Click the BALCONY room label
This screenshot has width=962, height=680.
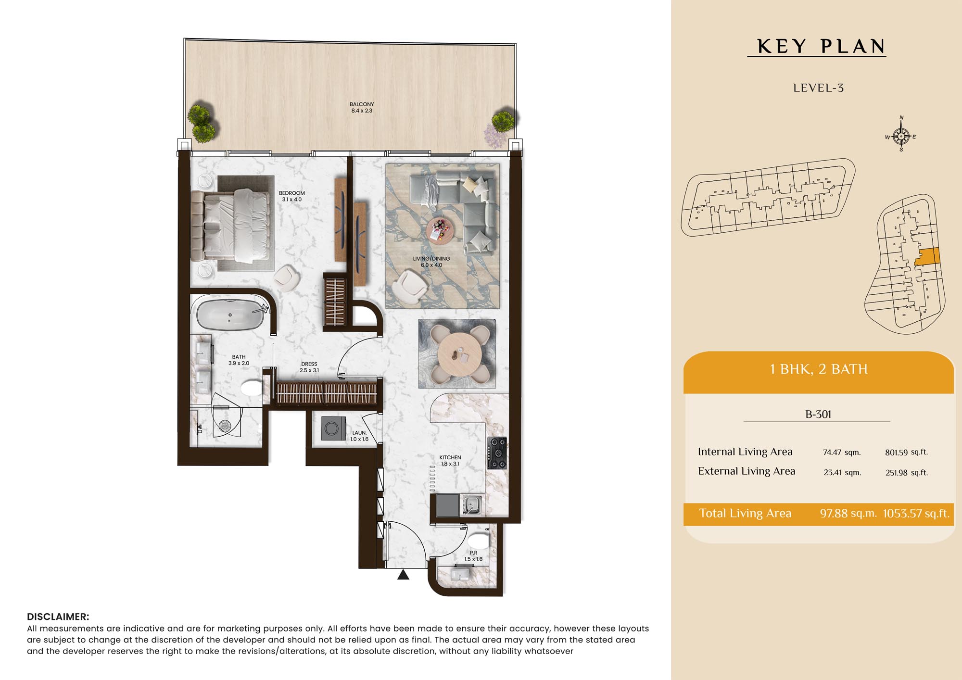(362, 107)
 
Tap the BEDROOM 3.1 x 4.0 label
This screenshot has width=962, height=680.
(292, 196)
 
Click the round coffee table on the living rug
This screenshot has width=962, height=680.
(439, 230)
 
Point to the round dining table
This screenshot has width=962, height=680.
(459, 354)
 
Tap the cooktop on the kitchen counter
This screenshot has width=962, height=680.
(497, 453)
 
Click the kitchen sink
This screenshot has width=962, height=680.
(472, 505)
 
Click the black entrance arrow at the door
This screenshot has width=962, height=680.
(403, 574)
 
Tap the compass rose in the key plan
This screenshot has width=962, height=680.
(901, 136)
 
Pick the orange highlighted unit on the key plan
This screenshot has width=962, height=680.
(927, 257)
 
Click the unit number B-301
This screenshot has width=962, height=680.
(818, 414)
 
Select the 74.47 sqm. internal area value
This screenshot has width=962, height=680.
(842, 452)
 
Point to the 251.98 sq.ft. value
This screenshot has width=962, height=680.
(907, 472)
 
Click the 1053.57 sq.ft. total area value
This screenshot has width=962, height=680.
(916, 513)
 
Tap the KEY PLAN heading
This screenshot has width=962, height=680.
(821, 46)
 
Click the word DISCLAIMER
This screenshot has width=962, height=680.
(58, 617)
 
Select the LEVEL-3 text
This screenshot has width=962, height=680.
(818, 88)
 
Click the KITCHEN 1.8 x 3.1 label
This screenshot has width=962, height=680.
(450, 461)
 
